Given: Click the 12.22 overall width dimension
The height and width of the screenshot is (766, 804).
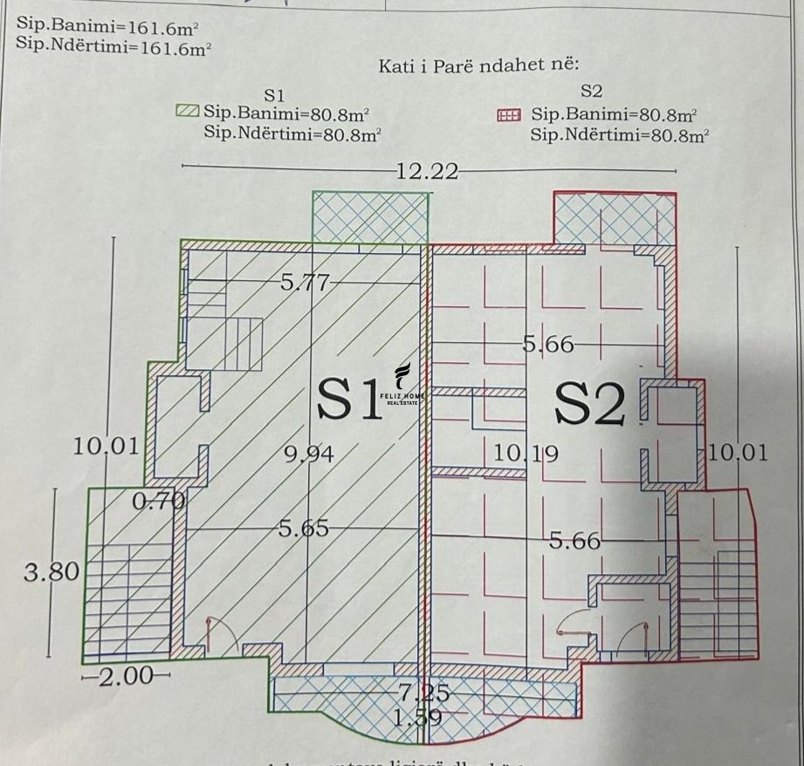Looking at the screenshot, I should [x=426, y=171].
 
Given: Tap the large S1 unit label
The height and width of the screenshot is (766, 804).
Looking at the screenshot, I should [x=349, y=400].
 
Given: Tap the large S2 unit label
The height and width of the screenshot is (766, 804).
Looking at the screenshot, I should [x=591, y=406].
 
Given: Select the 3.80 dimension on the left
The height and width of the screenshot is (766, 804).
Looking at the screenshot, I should [x=52, y=573].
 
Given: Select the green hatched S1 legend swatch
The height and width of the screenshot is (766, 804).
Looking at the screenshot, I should [x=188, y=111].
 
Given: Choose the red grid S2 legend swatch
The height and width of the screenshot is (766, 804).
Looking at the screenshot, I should [x=508, y=114].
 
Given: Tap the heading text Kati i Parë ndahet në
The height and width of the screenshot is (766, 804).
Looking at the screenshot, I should [x=479, y=65].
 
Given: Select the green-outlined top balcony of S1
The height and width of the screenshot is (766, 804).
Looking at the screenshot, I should [x=370, y=217].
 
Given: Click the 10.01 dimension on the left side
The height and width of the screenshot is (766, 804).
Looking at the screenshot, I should [x=106, y=448].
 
